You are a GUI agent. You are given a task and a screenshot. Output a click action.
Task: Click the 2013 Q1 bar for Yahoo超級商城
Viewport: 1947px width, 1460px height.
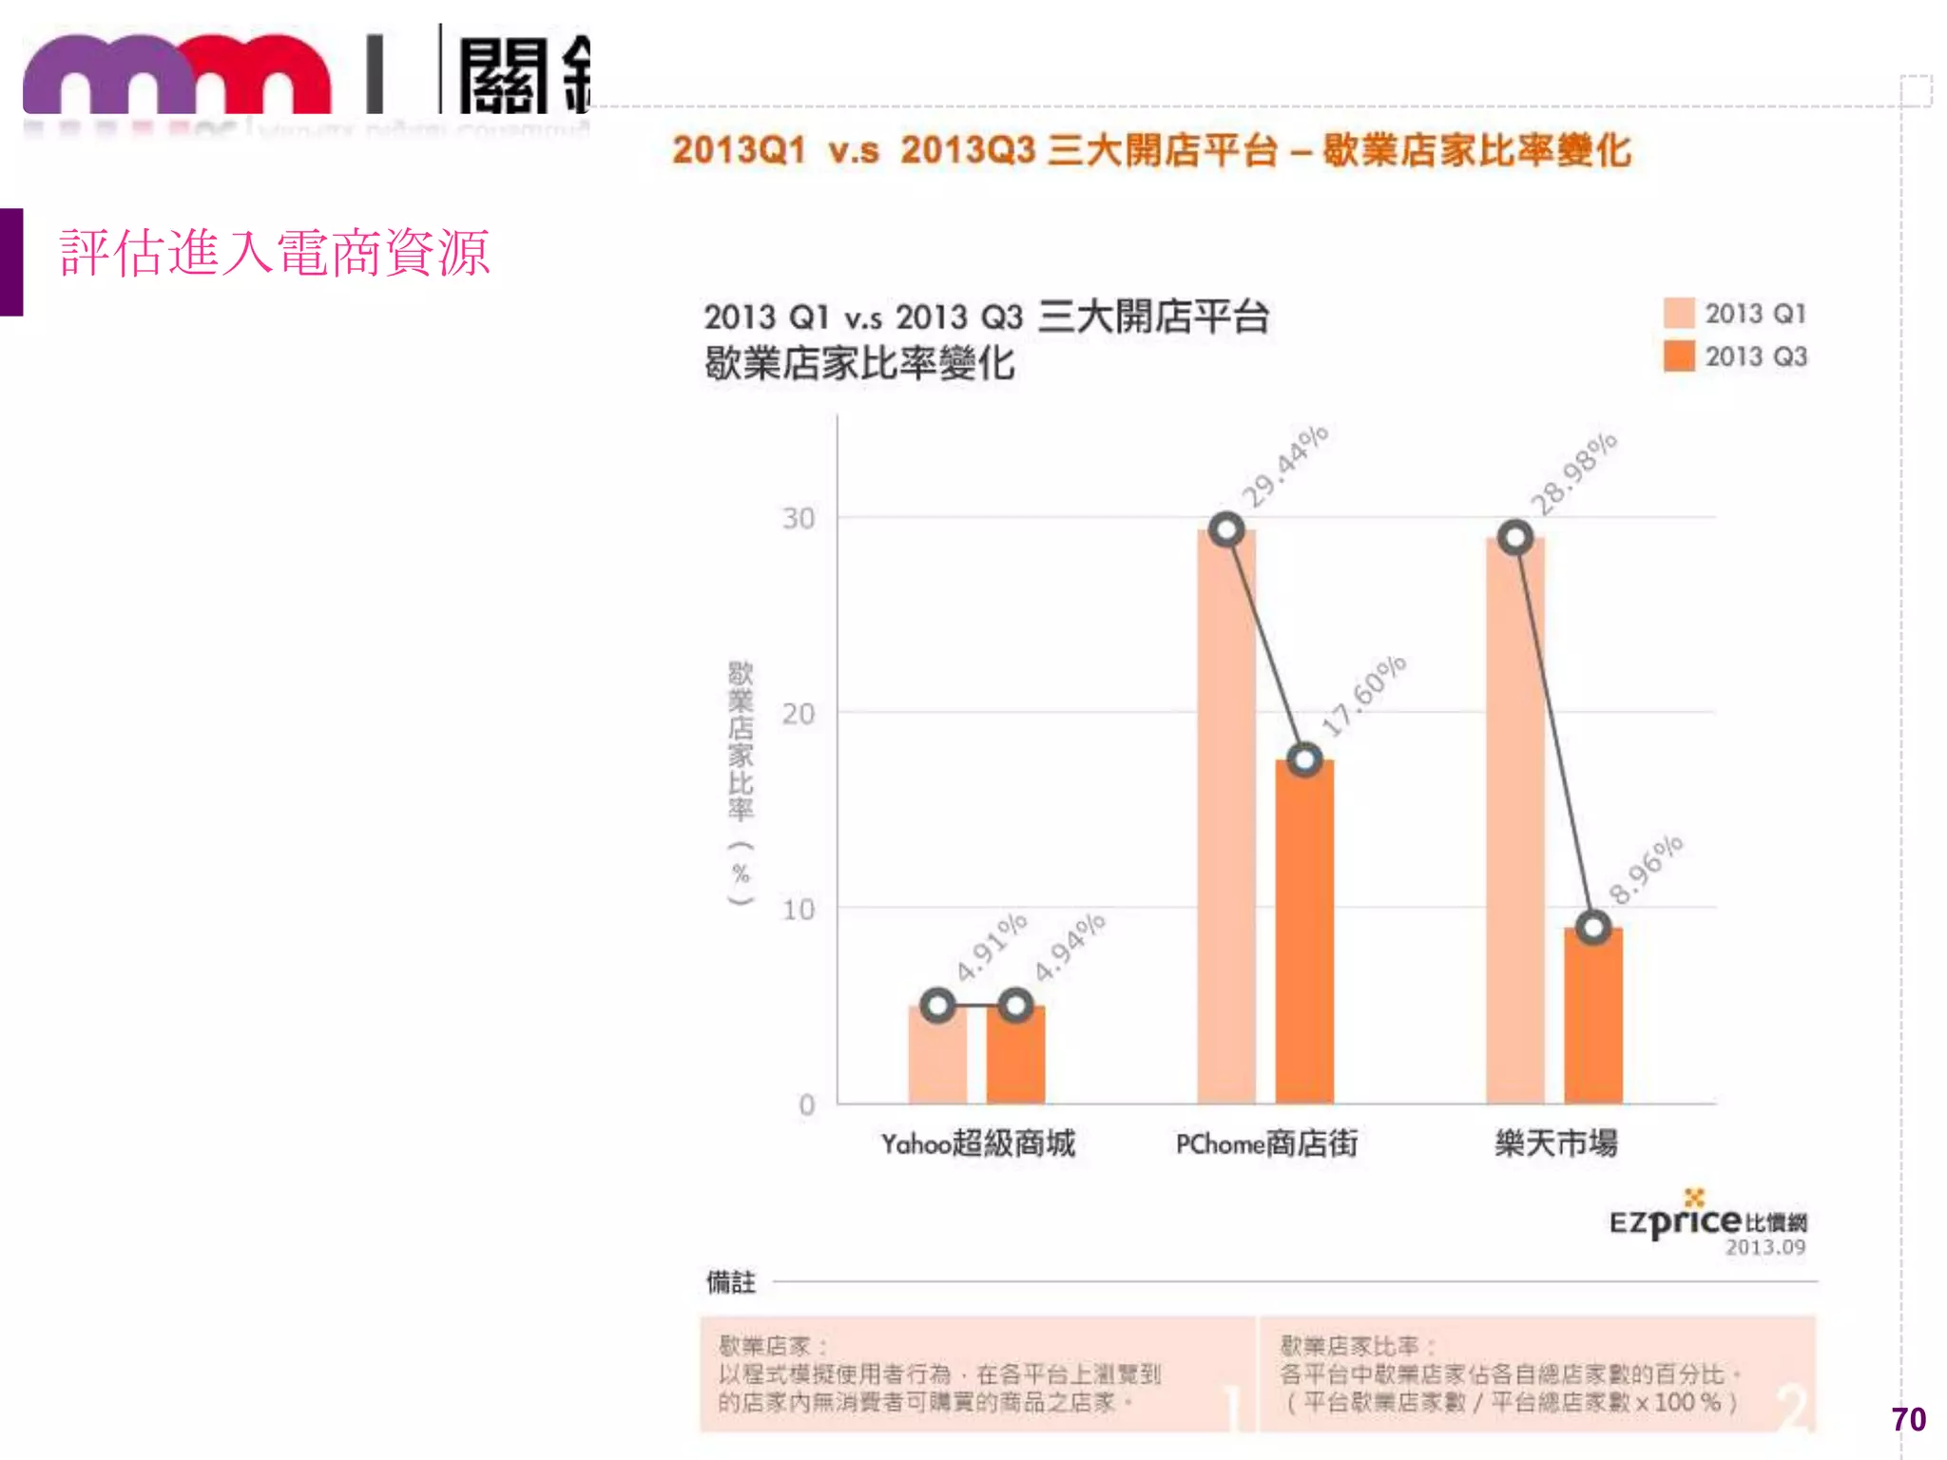937,1055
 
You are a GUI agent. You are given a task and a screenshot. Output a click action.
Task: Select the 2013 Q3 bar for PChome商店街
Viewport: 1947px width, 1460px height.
1304,932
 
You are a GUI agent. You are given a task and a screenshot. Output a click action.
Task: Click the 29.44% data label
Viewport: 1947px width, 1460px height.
1284,467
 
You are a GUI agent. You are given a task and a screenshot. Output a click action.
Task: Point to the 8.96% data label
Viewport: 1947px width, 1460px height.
1646,870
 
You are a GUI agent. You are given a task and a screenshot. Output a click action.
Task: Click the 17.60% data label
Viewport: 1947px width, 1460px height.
1363,697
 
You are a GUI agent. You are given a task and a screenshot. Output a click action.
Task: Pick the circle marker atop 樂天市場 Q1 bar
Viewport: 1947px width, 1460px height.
1515,538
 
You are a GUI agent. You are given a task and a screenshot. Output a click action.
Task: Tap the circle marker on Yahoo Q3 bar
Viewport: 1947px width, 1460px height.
1015,1005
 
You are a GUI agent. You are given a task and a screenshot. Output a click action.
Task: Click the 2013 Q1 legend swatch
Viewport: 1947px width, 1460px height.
1679,313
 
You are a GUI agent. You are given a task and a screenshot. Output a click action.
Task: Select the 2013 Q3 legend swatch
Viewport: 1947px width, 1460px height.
1679,356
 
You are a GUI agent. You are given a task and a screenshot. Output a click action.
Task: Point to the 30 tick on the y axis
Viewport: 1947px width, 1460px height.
799,519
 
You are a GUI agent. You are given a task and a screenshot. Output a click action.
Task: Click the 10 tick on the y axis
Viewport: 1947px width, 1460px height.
799,910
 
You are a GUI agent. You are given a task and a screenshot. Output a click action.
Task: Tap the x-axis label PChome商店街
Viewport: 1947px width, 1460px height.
1266,1143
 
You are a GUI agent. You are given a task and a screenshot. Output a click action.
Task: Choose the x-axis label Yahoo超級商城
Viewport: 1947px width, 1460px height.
977,1143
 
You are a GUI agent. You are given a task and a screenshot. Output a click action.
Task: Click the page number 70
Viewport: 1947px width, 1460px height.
1908,1419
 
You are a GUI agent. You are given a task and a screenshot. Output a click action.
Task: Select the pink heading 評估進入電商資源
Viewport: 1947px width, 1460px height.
275,254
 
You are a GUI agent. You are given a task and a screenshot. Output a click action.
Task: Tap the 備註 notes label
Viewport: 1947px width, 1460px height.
730,1282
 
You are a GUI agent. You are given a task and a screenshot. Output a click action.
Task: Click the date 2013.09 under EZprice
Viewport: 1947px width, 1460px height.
1765,1247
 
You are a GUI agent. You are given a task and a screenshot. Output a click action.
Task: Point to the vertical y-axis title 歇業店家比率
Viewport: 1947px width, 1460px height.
741,741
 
